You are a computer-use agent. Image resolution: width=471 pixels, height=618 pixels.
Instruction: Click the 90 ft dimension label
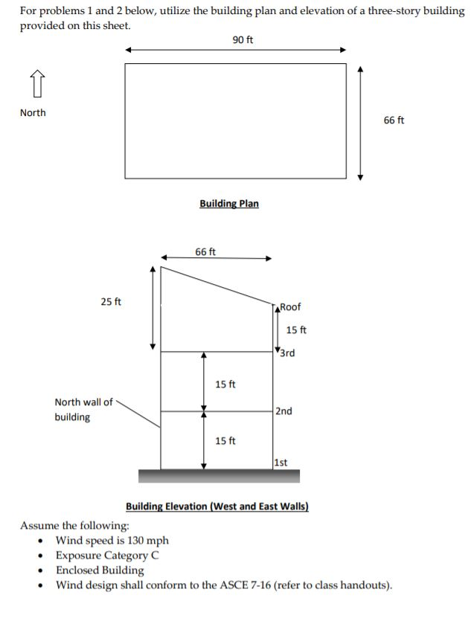point(243,39)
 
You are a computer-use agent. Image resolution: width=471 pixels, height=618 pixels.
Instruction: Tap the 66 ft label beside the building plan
point(394,120)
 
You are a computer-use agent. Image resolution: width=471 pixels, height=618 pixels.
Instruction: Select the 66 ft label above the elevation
point(205,252)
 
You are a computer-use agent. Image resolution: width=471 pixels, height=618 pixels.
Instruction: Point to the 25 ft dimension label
point(112,301)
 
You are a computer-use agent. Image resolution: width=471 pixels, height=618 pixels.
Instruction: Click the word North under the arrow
point(33,113)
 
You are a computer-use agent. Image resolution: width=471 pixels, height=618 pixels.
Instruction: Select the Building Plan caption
point(229,203)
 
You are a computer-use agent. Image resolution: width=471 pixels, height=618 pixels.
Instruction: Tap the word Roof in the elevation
point(290,307)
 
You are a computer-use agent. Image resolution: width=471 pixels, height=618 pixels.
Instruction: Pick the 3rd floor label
point(287,353)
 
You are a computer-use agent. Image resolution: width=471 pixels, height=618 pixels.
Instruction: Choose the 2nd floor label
point(283,411)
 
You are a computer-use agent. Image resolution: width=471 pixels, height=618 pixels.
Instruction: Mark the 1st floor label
point(281,463)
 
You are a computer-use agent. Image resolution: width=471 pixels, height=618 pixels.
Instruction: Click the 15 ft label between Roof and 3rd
point(296,330)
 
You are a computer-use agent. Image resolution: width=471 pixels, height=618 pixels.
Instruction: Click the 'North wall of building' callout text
point(83,410)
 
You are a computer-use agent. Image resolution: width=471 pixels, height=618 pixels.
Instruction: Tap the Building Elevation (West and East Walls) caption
point(217,506)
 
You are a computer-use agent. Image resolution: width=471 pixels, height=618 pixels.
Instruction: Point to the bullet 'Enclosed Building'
point(100,570)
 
